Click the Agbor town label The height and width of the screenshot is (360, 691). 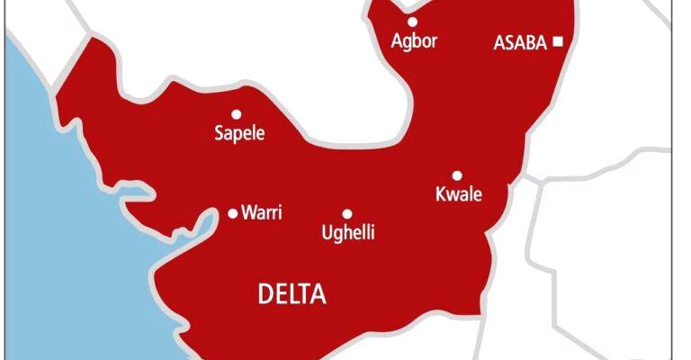tap(415, 41)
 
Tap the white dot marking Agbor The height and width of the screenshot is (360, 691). tap(412, 22)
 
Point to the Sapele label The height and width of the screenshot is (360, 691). tap(240, 135)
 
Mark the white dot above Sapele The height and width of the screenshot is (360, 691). tap(236, 114)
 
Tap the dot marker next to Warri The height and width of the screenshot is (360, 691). tap(232, 213)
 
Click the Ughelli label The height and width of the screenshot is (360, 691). tap(348, 234)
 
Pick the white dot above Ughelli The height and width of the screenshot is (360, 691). tap(347, 213)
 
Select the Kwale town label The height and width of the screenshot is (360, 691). tap(459, 195)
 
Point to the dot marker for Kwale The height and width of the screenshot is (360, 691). tap(457, 175)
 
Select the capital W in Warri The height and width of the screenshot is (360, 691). tap(248, 213)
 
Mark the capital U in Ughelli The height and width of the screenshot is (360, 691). tap(327, 233)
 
